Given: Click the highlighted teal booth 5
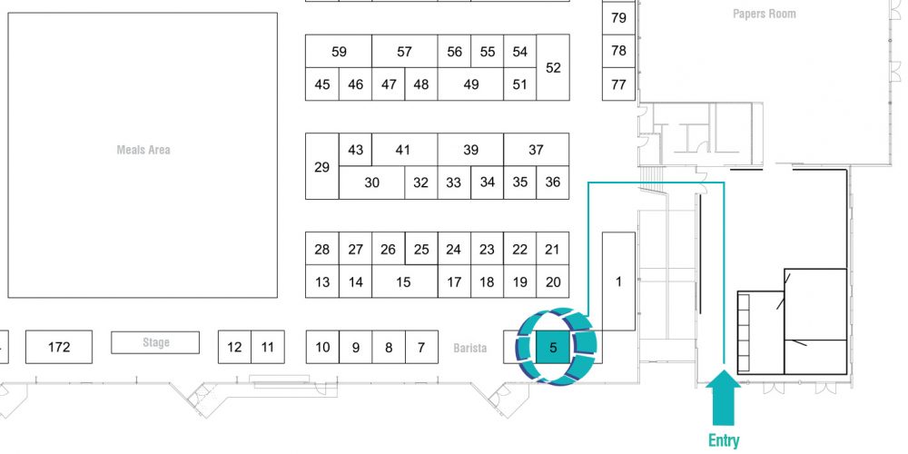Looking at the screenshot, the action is click(553, 347).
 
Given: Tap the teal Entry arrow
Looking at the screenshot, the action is click(724, 398).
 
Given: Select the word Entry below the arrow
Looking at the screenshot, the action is click(724, 440).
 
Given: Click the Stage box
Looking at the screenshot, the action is click(155, 342).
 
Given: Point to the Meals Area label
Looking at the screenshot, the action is click(143, 150).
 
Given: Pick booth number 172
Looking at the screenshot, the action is click(59, 347).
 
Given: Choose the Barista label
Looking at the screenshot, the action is click(469, 348).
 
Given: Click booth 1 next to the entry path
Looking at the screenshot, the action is click(618, 281).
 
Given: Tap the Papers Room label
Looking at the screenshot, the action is click(764, 14).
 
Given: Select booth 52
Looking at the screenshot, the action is click(553, 67).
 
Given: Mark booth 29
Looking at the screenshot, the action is click(322, 167).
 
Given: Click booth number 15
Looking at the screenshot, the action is click(404, 281).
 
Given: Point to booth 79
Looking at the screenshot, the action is click(618, 18).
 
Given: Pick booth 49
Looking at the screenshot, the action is click(470, 84).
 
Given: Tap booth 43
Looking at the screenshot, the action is click(355, 150).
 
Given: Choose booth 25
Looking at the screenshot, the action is click(421, 249).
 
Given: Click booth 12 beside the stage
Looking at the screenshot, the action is click(234, 347).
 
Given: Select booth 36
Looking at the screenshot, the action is click(553, 183).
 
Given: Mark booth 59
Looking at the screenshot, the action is click(339, 52).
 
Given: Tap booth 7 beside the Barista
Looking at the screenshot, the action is click(421, 347).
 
